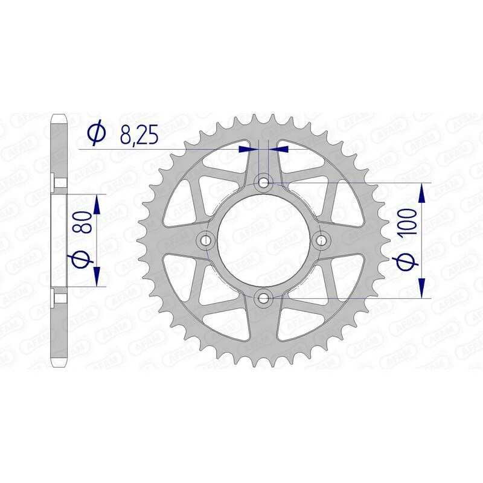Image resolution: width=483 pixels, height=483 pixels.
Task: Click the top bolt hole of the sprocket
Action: [264, 182]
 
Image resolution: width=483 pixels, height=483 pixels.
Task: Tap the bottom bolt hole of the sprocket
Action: [264, 297]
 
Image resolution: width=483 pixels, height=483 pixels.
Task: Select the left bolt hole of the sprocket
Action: [206, 240]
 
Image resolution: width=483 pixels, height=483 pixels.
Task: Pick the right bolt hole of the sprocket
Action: [321, 240]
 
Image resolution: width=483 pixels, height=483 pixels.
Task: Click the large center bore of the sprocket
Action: [264, 240]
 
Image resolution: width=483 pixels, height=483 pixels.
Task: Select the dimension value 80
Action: [84, 222]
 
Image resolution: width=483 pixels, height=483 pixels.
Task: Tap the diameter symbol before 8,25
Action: [96, 134]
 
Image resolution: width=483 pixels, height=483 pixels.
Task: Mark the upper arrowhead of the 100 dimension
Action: [421, 191]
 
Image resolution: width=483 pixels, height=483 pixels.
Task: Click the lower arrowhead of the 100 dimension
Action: [421, 288]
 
